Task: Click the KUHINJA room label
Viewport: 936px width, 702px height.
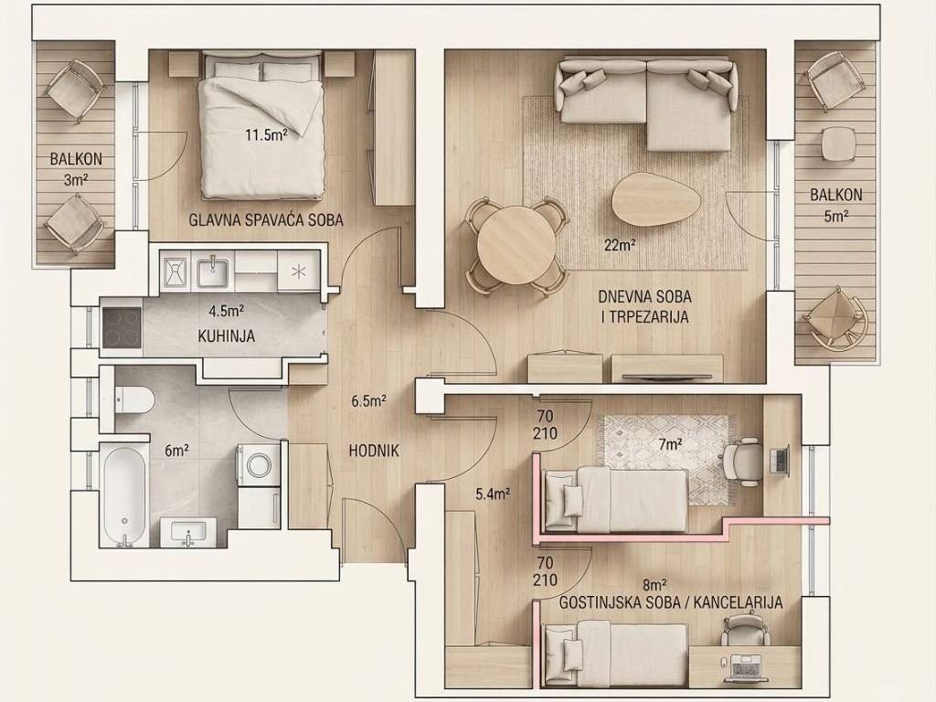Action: tap(227, 336)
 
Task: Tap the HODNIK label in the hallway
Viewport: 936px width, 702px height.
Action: tap(374, 451)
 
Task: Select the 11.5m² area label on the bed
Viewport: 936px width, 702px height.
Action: tap(266, 135)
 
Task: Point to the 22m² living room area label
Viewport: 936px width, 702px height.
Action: tap(619, 245)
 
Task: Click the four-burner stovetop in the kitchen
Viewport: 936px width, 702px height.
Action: tap(122, 327)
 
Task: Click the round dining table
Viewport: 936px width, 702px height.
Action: tap(517, 245)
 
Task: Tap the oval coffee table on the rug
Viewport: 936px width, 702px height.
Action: tap(656, 199)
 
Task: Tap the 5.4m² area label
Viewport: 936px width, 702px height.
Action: tap(493, 494)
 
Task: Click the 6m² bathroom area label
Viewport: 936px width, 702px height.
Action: tap(176, 451)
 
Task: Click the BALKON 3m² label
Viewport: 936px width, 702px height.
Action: tap(76, 169)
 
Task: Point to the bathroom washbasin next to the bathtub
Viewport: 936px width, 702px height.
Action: tap(188, 531)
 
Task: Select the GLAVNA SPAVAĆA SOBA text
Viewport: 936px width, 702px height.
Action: tap(266, 219)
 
